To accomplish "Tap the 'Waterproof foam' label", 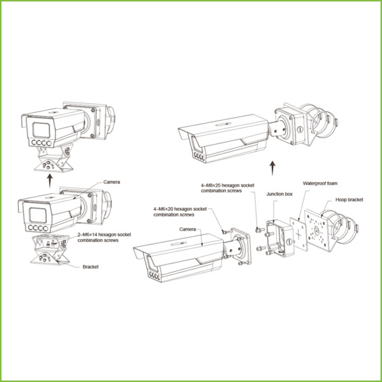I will [319, 182].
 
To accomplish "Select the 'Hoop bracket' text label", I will [350, 199].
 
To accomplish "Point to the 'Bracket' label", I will [90, 267].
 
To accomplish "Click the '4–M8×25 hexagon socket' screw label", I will [221, 188].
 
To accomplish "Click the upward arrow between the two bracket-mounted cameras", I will [50, 180].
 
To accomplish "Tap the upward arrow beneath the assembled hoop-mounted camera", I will [272, 167].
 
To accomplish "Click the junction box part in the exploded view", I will [278, 235].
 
